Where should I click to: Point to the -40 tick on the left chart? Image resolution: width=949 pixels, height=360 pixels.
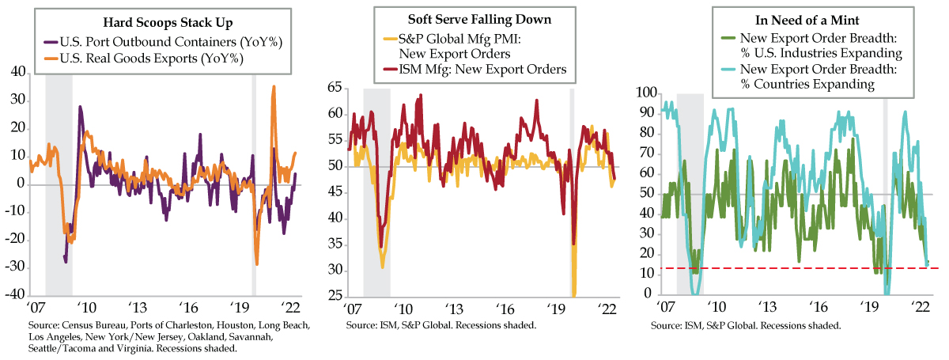click(15, 295)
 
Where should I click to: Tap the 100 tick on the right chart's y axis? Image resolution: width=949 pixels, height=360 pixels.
click(645, 93)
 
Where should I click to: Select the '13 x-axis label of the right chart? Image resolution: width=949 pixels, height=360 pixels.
click(767, 309)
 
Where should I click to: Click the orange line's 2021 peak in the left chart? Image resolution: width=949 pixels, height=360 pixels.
click(274, 87)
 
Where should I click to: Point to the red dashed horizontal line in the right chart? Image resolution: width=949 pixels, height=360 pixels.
click(791, 268)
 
